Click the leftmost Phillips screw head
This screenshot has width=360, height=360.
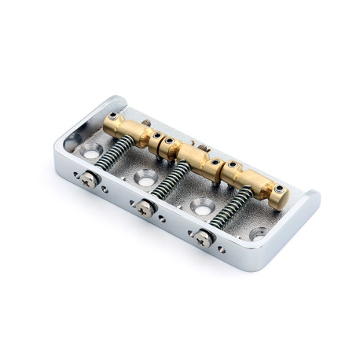89,178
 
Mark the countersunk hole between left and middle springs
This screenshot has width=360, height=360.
145,178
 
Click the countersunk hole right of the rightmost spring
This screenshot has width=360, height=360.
259,233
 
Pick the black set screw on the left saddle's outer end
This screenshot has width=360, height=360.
116,117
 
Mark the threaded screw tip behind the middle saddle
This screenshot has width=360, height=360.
202,148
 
